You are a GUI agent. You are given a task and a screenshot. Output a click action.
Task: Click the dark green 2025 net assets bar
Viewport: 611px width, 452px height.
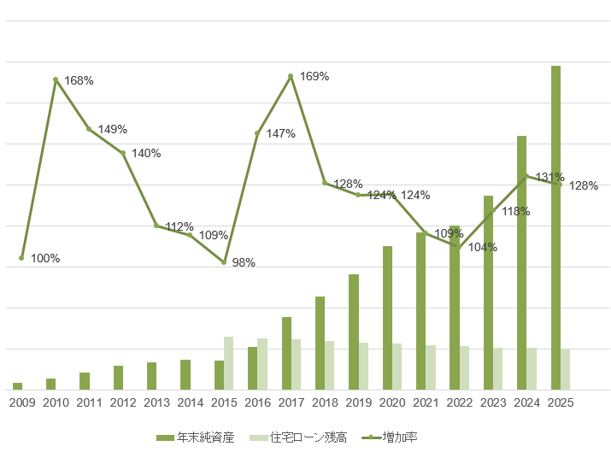tap(555, 227)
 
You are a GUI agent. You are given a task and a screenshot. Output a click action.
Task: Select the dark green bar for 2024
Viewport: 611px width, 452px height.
tap(521, 262)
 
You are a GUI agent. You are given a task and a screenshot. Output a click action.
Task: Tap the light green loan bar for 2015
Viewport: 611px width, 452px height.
tap(229, 363)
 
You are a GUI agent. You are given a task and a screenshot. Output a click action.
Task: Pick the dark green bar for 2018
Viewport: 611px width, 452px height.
tap(320, 343)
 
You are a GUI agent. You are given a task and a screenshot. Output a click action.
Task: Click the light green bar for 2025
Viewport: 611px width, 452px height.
tap(565, 369)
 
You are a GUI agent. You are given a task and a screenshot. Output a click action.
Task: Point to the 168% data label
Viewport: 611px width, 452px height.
tap(79, 80)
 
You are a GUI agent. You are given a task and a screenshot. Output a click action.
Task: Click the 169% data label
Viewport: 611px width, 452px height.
tap(314, 77)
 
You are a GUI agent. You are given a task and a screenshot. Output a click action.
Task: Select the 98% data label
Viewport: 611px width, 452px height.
tap(244, 262)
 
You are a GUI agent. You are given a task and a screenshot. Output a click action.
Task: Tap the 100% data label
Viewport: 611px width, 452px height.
tap(45, 258)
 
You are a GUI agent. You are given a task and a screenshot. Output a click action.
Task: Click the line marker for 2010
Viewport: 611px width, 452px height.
tap(56, 79)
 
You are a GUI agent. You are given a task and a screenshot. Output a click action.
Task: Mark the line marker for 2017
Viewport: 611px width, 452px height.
tap(291, 76)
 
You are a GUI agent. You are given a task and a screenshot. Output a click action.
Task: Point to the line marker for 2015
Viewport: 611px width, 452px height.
tap(224, 262)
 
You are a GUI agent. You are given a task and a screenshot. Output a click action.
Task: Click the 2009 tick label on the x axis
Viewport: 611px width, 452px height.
tap(22, 402)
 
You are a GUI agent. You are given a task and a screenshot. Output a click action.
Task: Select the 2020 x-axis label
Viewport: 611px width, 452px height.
tap(391, 402)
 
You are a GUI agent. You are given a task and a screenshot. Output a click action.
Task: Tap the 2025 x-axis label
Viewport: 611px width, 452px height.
tap(560, 402)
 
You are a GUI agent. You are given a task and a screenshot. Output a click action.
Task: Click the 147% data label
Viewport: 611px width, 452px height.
tap(280, 134)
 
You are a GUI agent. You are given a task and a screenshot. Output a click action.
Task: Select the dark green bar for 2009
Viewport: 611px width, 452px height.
tap(18, 386)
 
